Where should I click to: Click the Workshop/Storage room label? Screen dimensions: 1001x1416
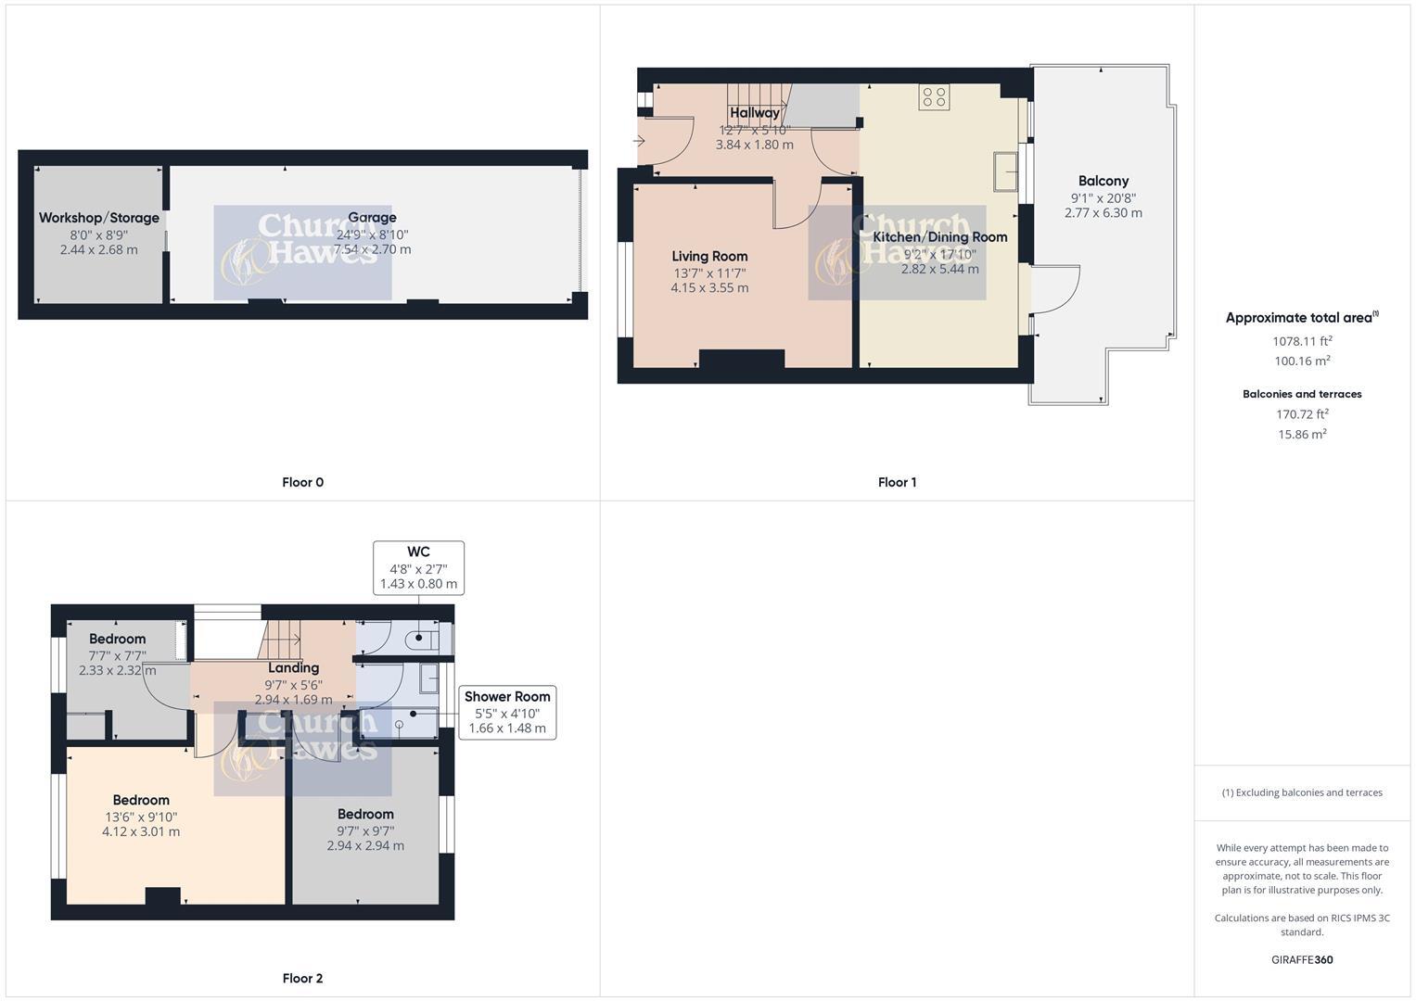pos(99,218)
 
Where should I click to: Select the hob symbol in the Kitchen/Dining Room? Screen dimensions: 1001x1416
pos(934,97)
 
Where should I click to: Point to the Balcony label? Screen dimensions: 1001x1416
pos(1103,181)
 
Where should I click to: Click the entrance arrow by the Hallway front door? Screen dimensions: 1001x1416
pos(639,141)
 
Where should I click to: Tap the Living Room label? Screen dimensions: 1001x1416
pos(709,256)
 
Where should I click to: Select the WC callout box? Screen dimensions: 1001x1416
pos(418,567)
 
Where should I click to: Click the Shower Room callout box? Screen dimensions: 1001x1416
pos(507,712)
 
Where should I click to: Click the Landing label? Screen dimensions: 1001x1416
pos(293,667)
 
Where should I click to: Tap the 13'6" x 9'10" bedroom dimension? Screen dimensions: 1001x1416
pos(141,817)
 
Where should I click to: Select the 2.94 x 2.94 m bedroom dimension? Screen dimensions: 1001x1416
pos(365,845)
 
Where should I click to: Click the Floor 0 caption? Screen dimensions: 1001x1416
pos(302,482)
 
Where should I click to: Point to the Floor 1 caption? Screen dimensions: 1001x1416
pos(897,482)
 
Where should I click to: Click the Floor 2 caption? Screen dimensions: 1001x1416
pos(302,978)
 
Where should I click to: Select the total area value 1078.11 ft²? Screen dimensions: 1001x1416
pos(1302,341)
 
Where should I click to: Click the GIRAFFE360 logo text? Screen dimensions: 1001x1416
pos(1302,959)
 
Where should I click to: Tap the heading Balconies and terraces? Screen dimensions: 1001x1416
pos(1302,394)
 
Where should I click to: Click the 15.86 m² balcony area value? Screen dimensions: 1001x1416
pos(1302,434)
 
